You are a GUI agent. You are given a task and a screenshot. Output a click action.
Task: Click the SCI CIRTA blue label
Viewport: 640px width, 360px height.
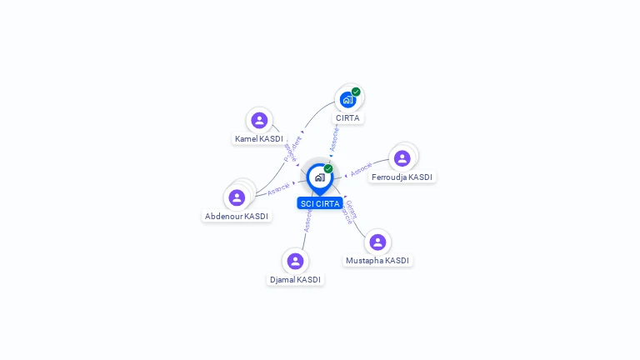[x=320, y=203]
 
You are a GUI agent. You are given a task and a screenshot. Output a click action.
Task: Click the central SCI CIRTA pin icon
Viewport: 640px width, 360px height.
[x=320, y=177]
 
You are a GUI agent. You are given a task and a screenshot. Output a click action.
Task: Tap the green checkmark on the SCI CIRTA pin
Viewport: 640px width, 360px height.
[x=328, y=169]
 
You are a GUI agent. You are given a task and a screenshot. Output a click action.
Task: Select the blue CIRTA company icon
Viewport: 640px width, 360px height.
[x=347, y=100]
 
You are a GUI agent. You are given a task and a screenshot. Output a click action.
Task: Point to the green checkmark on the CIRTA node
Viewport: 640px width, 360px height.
[x=356, y=92]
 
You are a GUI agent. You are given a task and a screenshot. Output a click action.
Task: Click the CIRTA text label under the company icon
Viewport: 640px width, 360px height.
[x=347, y=118]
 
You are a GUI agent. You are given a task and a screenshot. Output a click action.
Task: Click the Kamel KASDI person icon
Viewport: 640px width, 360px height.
[x=259, y=120]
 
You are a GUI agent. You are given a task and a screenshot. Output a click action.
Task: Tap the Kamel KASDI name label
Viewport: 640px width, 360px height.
[x=258, y=138]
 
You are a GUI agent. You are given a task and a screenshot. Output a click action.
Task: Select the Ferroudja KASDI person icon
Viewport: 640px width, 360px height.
[x=402, y=158]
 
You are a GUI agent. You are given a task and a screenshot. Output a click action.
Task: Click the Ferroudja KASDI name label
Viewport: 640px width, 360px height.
[x=402, y=177]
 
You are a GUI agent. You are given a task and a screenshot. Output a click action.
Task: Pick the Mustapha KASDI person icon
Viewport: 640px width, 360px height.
[x=377, y=242]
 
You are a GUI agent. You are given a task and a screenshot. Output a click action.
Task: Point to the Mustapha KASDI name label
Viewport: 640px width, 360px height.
[x=377, y=260]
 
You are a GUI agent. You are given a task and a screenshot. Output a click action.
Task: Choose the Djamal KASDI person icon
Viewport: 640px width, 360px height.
[x=295, y=261]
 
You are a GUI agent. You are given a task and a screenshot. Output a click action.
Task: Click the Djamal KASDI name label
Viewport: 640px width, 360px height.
[x=295, y=279]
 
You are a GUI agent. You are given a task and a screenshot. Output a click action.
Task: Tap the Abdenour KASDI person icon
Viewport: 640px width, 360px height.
[x=237, y=197]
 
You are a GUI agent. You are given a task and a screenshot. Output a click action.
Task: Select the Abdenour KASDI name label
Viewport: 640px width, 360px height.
[x=237, y=216]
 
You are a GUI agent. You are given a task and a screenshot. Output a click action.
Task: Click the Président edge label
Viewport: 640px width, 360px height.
[x=292, y=148]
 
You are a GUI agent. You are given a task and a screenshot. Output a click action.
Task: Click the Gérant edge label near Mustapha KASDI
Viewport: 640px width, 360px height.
[x=352, y=208]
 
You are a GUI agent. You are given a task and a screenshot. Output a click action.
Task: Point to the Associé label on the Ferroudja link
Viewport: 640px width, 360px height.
[x=362, y=169]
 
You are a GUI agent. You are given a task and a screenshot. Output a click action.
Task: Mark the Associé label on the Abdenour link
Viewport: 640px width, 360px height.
[x=278, y=189]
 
